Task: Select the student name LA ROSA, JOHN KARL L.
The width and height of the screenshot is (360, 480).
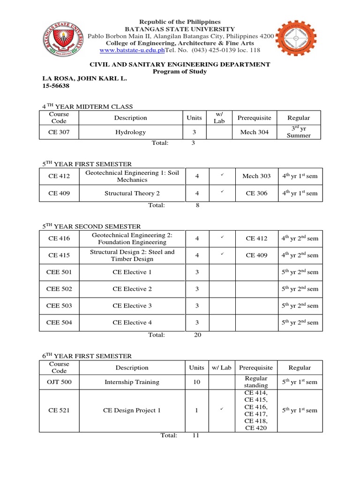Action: [x=85, y=79]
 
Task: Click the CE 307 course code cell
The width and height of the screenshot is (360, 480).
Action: [x=59, y=132]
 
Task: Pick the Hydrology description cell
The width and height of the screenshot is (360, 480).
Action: [x=131, y=132]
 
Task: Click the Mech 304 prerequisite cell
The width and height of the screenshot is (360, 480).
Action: [x=255, y=132]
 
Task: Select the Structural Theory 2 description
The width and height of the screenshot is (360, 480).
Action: [x=132, y=193]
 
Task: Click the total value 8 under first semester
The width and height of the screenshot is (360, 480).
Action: [x=197, y=205]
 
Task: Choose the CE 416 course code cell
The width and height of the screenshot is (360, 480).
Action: [x=59, y=239]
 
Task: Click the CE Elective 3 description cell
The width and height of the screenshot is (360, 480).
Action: [x=132, y=306]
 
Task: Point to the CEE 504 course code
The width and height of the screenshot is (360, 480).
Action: [x=59, y=322]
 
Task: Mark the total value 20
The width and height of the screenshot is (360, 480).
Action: [x=197, y=335]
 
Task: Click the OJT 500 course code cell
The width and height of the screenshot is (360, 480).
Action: [x=59, y=382]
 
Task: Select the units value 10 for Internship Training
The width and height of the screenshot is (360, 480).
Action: [x=197, y=382]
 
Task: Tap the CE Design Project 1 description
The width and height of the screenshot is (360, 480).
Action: [x=132, y=410]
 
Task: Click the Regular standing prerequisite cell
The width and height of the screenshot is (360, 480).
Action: [x=256, y=382]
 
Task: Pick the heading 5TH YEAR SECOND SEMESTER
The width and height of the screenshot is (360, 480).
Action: [x=91, y=226]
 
